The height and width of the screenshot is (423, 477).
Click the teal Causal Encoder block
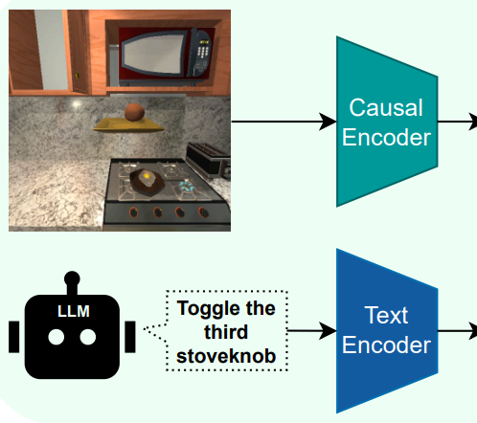387,122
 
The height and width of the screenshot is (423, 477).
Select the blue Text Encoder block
387,331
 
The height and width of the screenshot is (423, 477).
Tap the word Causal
386,107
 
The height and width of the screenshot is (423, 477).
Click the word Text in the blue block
386,315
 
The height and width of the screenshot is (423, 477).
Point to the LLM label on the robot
74,311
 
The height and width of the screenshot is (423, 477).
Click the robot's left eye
57,337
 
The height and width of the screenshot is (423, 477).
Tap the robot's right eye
88,337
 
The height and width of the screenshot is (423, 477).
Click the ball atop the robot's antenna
72,278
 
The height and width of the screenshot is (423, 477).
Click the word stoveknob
226,356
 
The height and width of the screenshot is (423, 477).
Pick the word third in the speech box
226,332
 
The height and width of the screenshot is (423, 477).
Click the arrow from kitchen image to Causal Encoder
284,122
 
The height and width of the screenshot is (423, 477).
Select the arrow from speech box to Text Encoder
312,331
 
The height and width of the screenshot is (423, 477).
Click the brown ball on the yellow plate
134,112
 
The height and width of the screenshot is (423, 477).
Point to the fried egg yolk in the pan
147,175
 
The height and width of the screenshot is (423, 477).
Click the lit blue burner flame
186,187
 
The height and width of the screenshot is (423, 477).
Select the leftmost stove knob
133,212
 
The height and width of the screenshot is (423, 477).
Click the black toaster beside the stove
209,160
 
